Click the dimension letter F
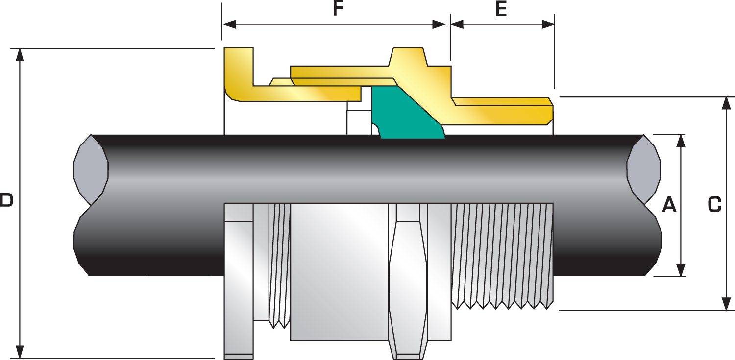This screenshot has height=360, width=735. [x=336, y=9]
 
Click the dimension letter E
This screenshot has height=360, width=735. [x=501, y=9]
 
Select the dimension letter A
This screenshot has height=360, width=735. [x=669, y=205]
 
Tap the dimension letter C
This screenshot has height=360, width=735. [x=715, y=205]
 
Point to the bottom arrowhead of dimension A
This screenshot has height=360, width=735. [x=681, y=270]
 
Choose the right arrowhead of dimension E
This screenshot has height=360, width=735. [x=548, y=24]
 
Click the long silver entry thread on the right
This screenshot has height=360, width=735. [x=502, y=255]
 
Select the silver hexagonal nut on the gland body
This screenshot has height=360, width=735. [x=408, y=279]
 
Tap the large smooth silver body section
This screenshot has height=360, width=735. [x=339, y=272]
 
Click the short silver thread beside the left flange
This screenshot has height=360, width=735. [x=279, y=264]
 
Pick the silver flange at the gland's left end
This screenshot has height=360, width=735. [x=239, y=279]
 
